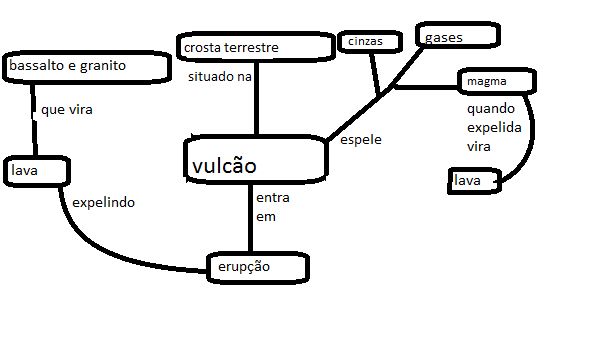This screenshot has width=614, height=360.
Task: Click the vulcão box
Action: pyautogui.click(x=256, y=160)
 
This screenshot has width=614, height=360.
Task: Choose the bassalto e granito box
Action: pyautogui.click(x=86, y=68)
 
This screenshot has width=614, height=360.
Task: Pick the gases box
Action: pyautogui.click(x=456, y=37)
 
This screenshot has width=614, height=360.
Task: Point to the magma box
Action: pyautogui.click(x=498, y=81)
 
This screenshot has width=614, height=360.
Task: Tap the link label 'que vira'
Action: pyautogui.click(x=67, y=110)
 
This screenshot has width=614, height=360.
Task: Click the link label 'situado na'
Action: pyautogui.click(x=221, y=77)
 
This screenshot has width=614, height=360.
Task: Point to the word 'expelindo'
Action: pyautogui.click(x=104, y=202)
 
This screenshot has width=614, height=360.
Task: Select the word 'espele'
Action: pyautogui.click(x=362, y=139)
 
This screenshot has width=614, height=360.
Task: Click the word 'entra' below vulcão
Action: pyautogui.click(x=274, y=197)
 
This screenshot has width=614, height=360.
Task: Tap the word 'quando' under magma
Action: pyautogui.click(x=490, y=109)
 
